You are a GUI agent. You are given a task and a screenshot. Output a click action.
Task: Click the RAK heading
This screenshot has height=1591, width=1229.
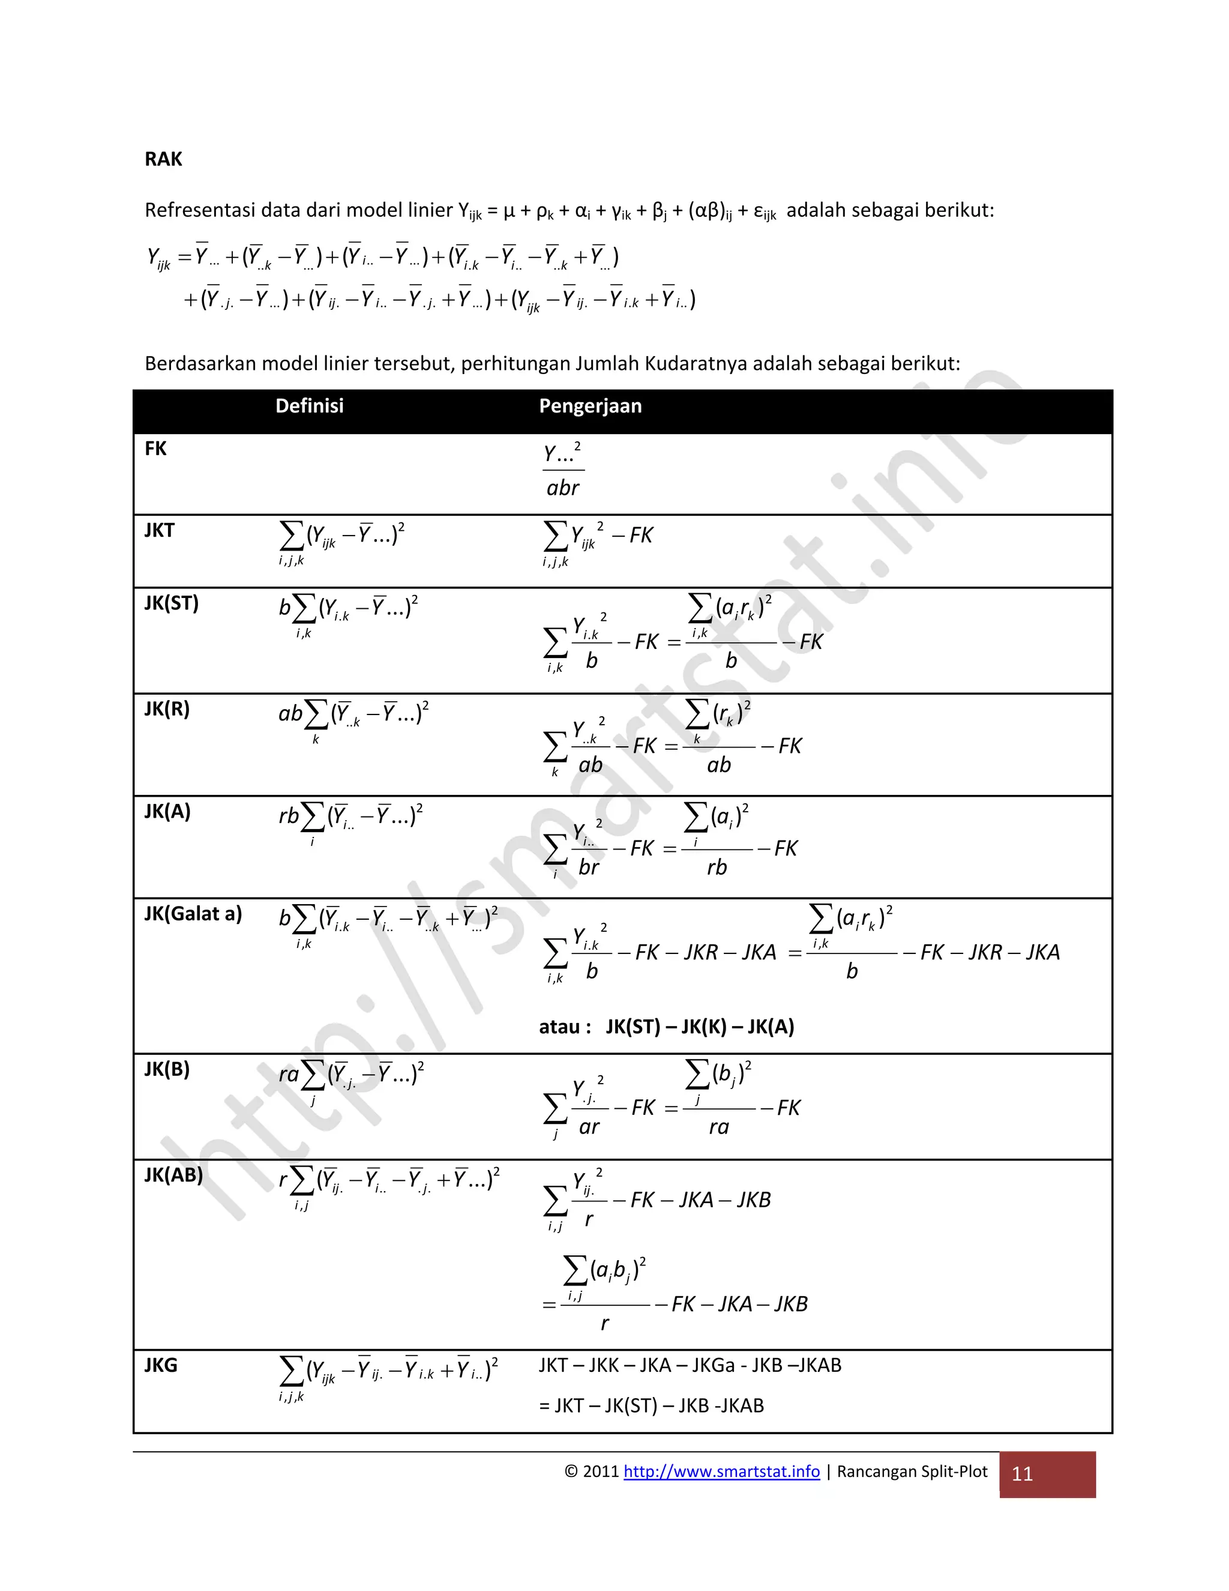point(163,159)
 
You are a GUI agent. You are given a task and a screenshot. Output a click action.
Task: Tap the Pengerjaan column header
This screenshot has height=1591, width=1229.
point(590,406)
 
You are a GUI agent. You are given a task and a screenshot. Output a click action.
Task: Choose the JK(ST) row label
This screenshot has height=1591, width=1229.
point(171,603)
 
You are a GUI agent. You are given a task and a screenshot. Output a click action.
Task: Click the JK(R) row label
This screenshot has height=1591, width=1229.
point(167,709)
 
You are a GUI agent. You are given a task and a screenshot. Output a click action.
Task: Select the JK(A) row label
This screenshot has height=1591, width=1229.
point(167,812)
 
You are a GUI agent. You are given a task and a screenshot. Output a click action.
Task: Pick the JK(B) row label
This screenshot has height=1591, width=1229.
point(167,1069)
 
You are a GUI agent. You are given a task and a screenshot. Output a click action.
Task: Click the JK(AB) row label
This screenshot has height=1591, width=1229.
point(173,1174)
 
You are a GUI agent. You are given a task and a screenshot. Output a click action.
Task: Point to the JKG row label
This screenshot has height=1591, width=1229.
point(160,1365)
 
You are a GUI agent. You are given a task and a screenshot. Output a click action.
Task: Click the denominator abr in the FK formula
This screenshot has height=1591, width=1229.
point(563,488)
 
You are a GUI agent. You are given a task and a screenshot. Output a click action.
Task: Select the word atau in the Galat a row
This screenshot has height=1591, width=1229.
point(559,1027)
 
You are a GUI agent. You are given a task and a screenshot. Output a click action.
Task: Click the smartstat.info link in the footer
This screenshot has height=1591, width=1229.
point(721,1471)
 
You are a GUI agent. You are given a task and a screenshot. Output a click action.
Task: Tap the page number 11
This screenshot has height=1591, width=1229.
point(1022,1474)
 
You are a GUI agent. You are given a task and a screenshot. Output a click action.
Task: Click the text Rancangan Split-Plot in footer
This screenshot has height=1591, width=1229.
point(912,1471)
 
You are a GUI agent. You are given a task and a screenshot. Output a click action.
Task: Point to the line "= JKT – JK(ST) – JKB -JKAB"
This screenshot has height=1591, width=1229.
point(651,1405)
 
